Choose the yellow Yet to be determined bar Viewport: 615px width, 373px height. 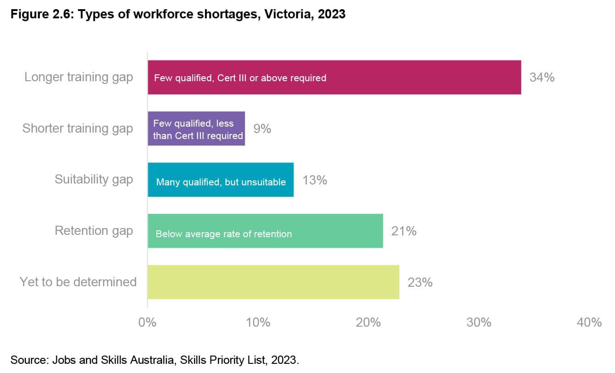[273, 282]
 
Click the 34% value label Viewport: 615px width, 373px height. [542, 77]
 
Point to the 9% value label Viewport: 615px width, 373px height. [262, 129]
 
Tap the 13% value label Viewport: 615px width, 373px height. [315, 180]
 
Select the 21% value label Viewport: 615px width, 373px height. [404, 231]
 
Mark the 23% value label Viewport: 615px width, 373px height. [420, 282]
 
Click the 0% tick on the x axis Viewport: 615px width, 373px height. [148, 323]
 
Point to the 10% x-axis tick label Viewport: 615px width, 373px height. [258, 323]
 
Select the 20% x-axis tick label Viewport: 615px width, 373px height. [369, 323]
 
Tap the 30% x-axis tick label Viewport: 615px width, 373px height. [479, 323]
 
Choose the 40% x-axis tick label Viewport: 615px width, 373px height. [589, 323]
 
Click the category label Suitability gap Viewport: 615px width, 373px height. [94, 179]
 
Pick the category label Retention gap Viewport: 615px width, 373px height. [94, 230]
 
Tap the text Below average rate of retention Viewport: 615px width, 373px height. [224, 234]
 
